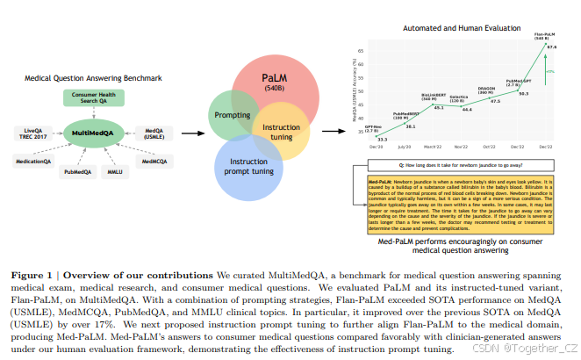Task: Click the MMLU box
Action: pos(116,172)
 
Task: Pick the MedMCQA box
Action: pos(154,162)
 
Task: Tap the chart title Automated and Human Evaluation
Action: pos(455,29)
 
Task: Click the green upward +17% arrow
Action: pos(543,70)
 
